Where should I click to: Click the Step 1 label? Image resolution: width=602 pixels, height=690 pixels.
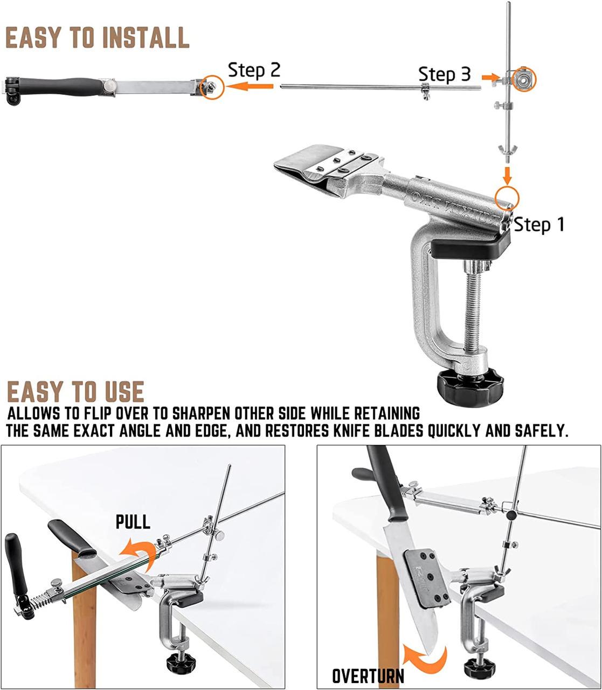pyautogui.click(x=538, y=225)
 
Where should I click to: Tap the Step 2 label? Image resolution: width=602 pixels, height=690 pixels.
pyautogui.click(x=254, y=71)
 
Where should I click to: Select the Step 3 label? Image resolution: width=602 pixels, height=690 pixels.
pyautogui.click(x=444, y=74)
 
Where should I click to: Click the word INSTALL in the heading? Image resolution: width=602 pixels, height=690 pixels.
pyautogui.click(x=146, y=37)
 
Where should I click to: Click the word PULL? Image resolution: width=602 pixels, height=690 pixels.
pyautogui.click(x=133, y=522)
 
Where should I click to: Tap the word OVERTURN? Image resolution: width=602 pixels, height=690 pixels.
pyautogui.click(x=368, y=676)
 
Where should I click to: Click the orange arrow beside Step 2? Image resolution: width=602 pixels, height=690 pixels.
pyautogui.click(x=250, y=86)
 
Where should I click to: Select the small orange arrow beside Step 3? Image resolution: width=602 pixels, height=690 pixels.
pyautogui.click(x=490, y=77)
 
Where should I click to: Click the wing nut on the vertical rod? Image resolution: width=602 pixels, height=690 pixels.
pyautogui.click(x=507, y=149)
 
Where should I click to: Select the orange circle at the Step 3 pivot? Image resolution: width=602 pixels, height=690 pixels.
pyautogui.click(x=523, y=79)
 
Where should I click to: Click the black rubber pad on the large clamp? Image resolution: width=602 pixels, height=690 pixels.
pyautogui.click(x=470, y=249)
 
